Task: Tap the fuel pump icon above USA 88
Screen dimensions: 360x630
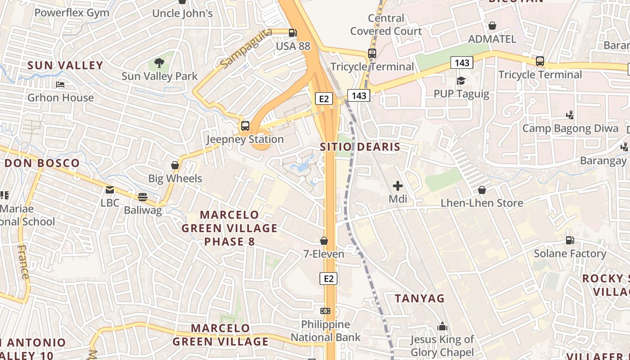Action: point(292,32)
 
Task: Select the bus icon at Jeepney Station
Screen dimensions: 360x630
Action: point(245,126)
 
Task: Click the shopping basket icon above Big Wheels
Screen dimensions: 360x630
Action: point(175,165)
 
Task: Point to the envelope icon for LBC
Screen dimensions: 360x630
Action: point(110,190)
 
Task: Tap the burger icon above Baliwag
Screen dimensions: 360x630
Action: point(143,197)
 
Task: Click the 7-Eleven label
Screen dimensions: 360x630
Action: point(324,254)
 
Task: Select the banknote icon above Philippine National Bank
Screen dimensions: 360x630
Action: point(325,311)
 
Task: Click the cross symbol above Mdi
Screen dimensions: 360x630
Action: point(398,185)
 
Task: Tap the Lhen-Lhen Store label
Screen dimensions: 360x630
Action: point(481,203)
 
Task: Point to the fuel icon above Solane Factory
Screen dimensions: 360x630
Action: point(570,240)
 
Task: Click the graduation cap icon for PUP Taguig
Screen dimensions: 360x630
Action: point(461,81)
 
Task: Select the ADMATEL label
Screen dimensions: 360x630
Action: point(492,39)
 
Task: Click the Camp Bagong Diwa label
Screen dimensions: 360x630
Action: point(570,128)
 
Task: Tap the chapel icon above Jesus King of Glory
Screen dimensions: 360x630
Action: point(442,326)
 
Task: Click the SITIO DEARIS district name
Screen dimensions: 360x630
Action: point(360,147)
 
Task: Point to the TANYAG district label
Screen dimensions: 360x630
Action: point(419,298)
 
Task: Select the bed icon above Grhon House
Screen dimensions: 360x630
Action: point(60,85)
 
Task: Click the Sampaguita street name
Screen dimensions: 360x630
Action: point(247,48)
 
